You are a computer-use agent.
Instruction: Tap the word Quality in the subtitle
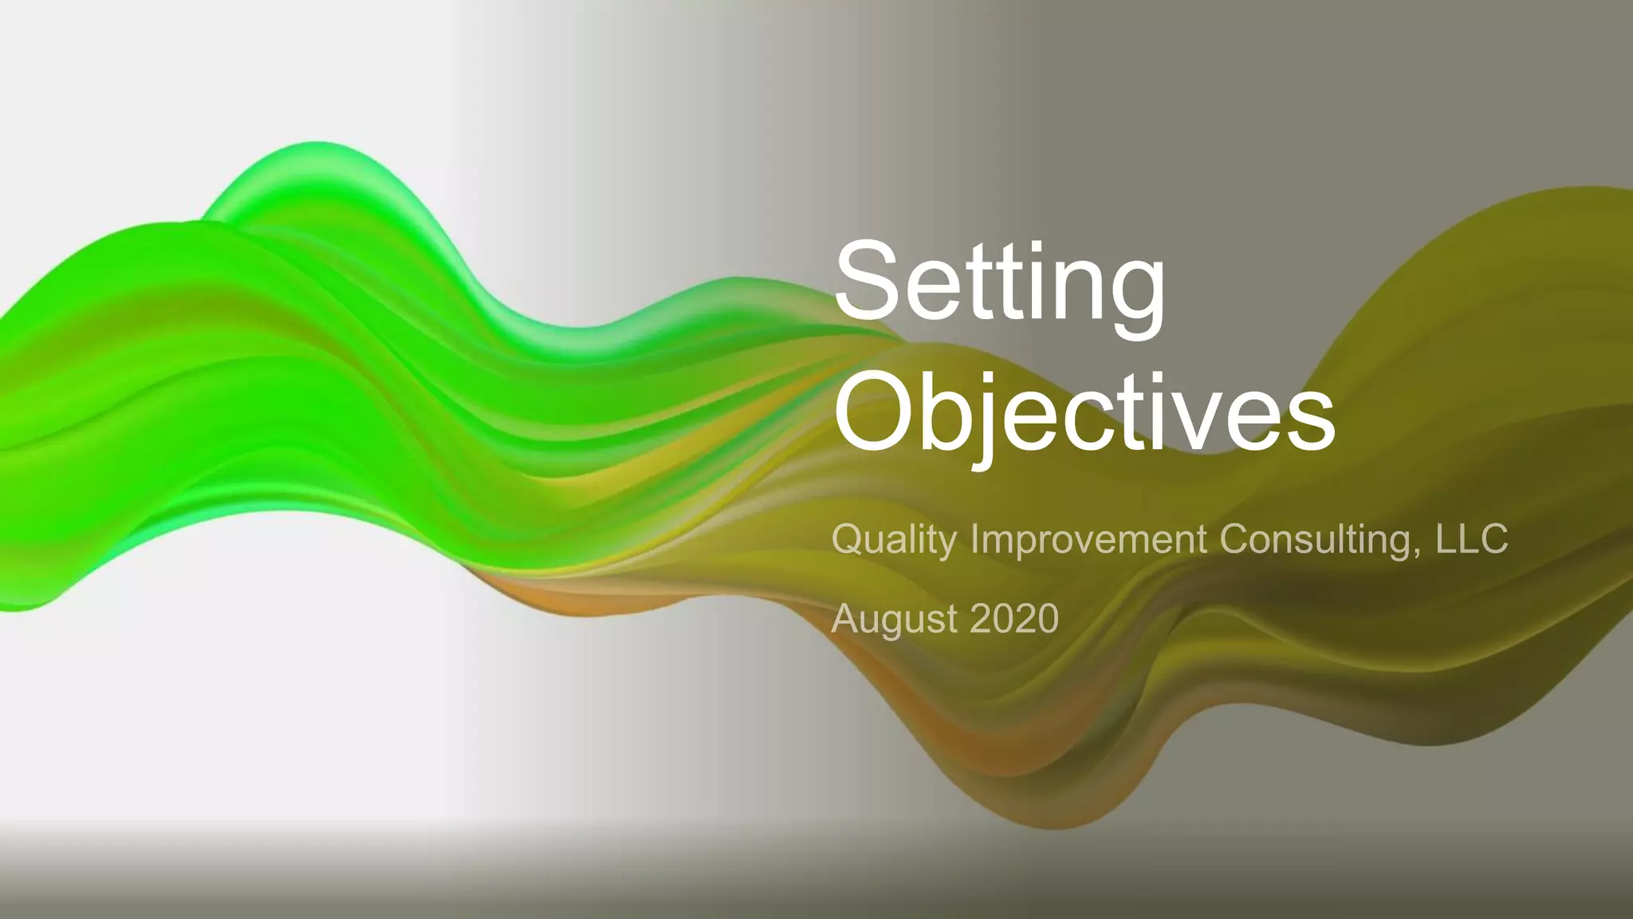(894, 540)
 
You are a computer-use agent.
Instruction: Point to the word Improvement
(1088, 540)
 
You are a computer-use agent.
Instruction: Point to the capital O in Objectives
(874, 412)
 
